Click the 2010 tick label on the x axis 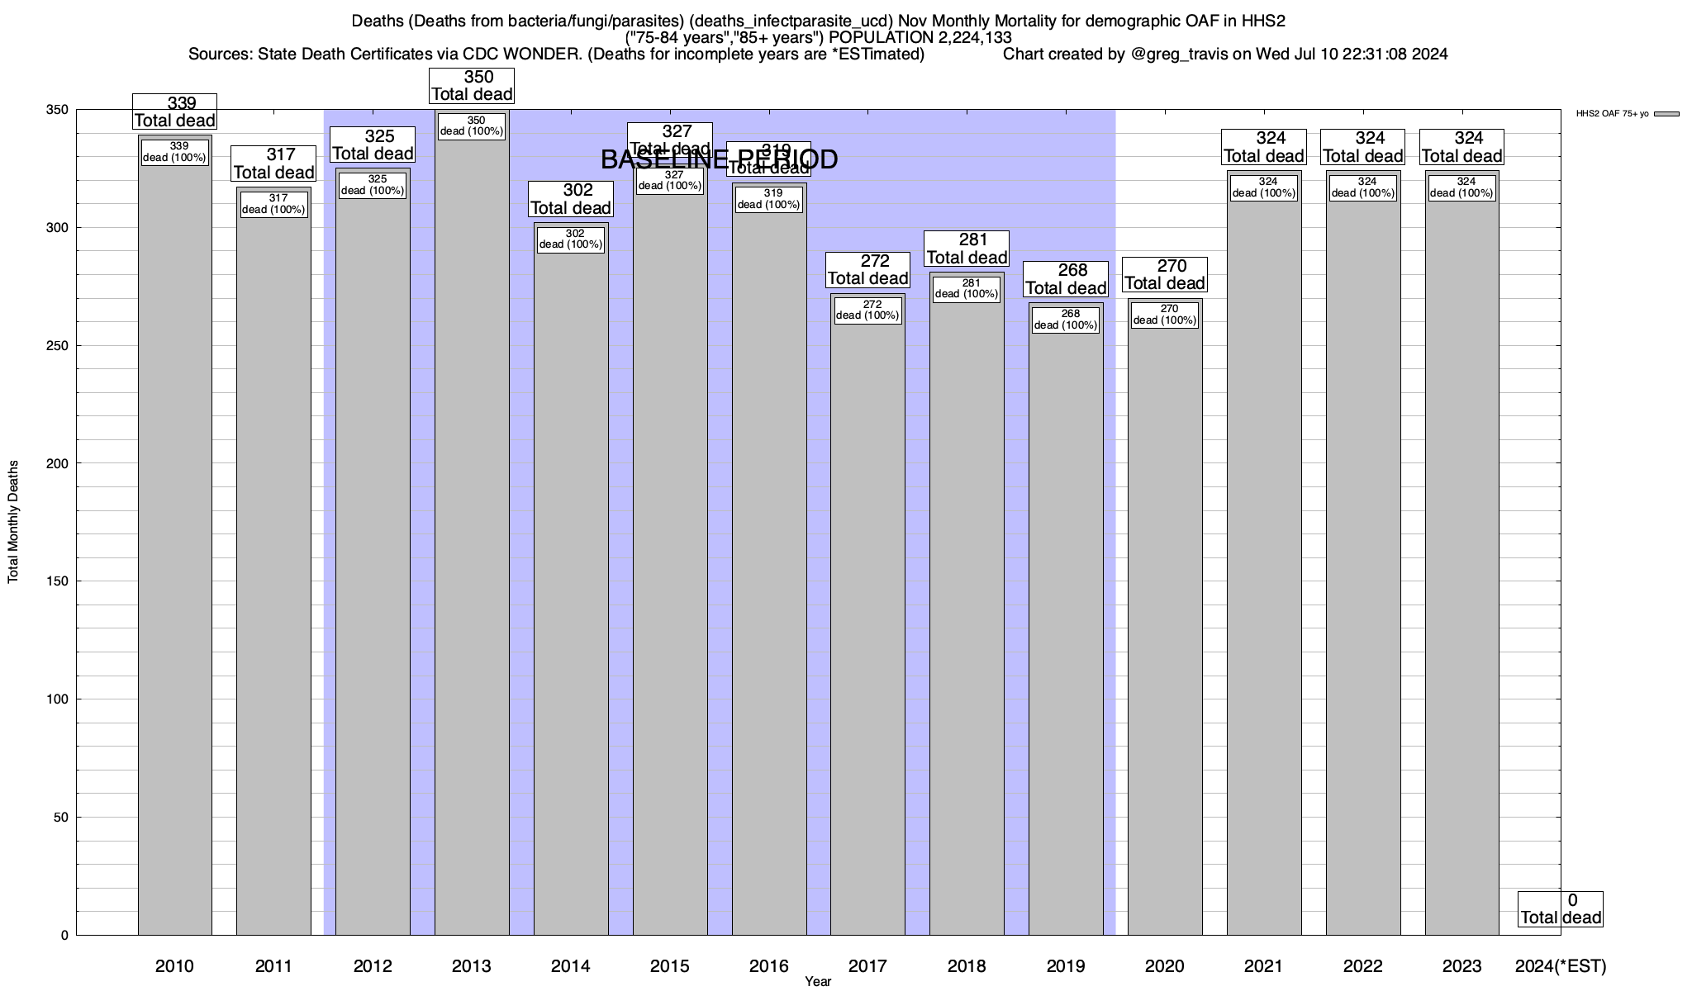(x=174, y=965)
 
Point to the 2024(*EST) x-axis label (x=1561, y=965)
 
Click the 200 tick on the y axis (x=59, y=463)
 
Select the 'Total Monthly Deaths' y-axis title (x=13, y=522)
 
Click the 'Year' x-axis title (x=818, y=981)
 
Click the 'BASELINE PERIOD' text (x=719, y=159)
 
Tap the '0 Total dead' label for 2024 (x=1561, y=908)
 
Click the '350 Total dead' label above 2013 (x=472, y=86)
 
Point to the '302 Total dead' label (x=571, y=199)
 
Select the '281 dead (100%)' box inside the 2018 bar (x=967, y=288)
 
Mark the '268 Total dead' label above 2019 (x=1066, y=279)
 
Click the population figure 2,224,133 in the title (x=962, y=38)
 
